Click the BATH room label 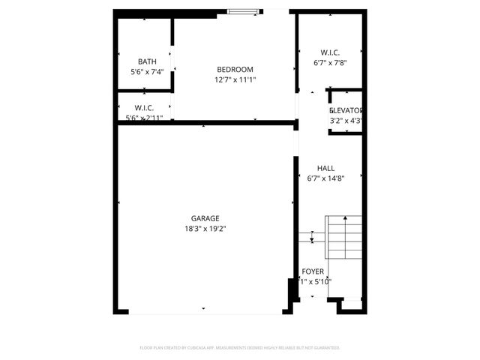pyautogui.click(x=147, y=61)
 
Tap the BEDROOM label pyautogui.click(x=235, y=70)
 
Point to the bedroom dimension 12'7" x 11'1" pyautogui.click(x=235, y=79)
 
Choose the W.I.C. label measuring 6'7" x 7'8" pyautogui.click(x=330, y=52)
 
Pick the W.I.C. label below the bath pyautogui.click(x=145, y=108)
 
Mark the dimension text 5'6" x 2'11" pyautogui.click(x=145, y=118)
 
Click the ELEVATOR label pyautogui.click(x=346, y=110)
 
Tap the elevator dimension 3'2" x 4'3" pyautogui.click(x=346, y=120)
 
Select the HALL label pyautogui.click(x=325, y=169)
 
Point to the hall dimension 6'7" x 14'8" pyautogui.click(x=325, y=178)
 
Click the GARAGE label pyautogui.click(x=205, y=218)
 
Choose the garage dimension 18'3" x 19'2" pyautogui.click(x=205, y=228)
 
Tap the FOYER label pyautogui.click(x=313, y=271)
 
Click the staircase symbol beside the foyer pyautogui.click(x=343, y=236)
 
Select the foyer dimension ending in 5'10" pyautogui.click(x=315, y=282)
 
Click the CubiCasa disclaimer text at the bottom pyautogui.click(x=240, y=348)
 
